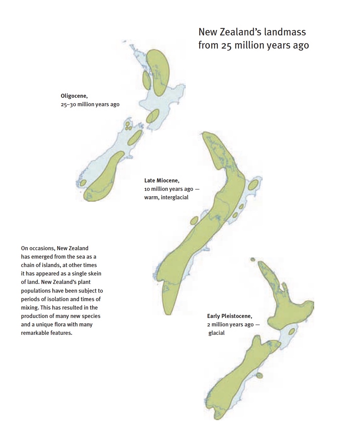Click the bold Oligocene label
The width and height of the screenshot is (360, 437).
coord(74,96)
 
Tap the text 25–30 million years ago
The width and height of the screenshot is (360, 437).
coord(90,105)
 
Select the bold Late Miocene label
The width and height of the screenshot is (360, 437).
coord(161,180)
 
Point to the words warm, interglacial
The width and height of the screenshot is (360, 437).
coord(166,197)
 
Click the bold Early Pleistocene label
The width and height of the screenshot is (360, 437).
coord(229,316)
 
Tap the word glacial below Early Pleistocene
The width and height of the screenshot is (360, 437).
coord(216,333)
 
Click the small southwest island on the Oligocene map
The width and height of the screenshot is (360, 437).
coord(83,183)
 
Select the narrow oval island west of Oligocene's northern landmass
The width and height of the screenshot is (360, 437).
coord(147,80)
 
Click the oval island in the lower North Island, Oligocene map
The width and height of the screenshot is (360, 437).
coord(152,116)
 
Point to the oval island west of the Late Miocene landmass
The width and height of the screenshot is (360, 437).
coord(194,221)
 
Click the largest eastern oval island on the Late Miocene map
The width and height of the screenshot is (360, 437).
coord(253,184)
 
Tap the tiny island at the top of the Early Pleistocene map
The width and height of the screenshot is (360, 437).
coord(252,259)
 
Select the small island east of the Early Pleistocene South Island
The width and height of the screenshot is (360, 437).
coord(259,375)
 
